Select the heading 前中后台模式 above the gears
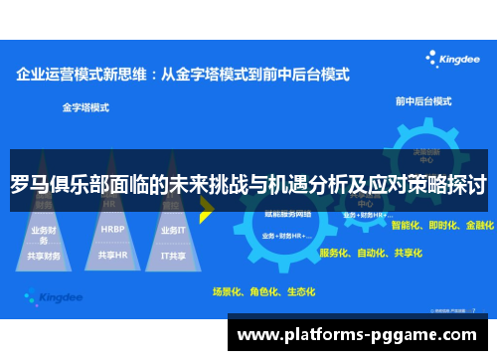coord(424,99)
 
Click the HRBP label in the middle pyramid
coord(112,229)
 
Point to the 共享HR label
coord(112,256)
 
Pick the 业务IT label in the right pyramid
coord(172,230)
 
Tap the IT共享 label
coord(172,256)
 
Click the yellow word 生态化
coord(299,292)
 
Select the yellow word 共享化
coord(407,253)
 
